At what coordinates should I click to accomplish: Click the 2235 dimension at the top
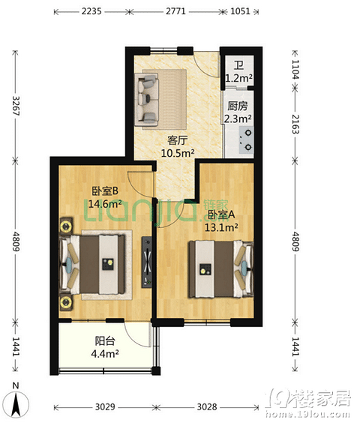91,11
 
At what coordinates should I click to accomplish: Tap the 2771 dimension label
175,11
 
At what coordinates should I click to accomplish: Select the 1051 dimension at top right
240,11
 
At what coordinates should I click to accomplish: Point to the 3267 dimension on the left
16,106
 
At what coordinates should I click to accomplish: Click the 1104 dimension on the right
295,69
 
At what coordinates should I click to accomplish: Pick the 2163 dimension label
295,124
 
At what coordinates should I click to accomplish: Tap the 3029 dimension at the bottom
105,406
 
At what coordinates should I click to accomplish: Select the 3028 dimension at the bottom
207,406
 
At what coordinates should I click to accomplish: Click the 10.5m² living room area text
178,153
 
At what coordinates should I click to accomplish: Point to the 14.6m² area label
105,204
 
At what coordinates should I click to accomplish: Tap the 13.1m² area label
221,227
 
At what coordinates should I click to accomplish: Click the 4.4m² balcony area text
105,353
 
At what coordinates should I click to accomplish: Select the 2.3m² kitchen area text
238,118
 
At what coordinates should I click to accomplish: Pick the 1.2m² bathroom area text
238,78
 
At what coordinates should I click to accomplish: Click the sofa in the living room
147,100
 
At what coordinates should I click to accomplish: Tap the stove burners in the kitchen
247,140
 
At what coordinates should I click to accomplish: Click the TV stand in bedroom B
146,262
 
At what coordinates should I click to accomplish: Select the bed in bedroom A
221,269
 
